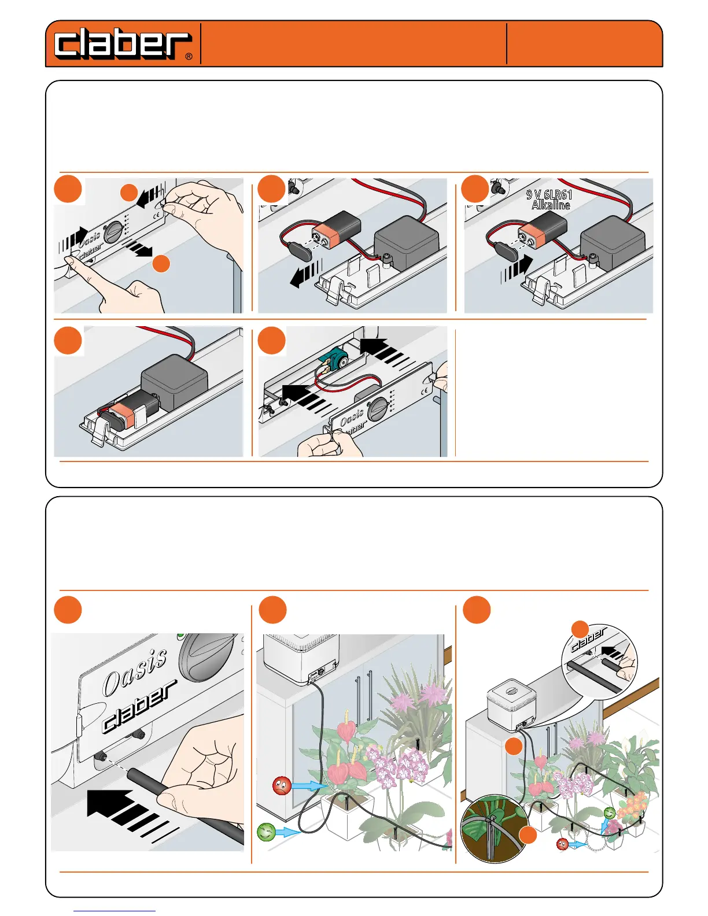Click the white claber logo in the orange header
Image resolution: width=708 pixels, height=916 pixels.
click(x=122, y=45)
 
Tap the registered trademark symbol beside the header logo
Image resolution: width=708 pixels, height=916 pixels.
click(x=189, y=57)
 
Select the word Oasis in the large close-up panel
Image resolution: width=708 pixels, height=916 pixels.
click(x=135, y=671)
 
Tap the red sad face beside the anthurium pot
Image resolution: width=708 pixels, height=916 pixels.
click(x=282, y=786)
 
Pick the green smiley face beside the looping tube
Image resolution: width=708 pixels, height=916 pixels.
click(x=266, y=832)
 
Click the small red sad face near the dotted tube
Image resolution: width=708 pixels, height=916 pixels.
click(x=562, y=844)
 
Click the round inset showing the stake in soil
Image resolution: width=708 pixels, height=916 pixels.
click(x=493, y=828)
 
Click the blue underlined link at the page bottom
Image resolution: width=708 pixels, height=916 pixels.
click(x=115, y=911)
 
